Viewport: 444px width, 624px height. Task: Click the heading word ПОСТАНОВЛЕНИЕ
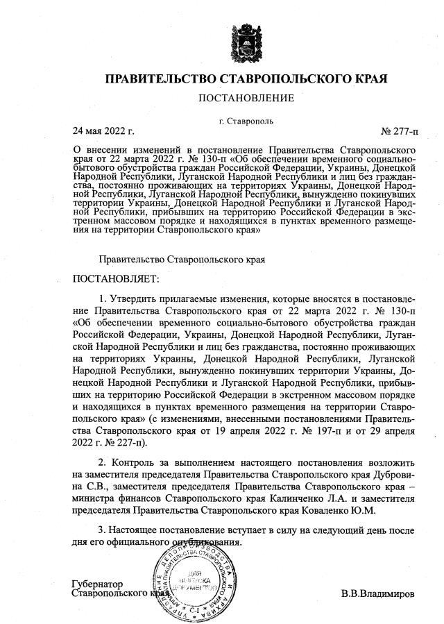click(x=246, y=99)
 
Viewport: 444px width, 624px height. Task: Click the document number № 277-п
click(x=399, y=130)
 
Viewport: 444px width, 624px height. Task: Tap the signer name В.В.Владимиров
click(x=378, y=595)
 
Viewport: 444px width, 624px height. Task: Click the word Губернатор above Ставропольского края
click(x=97, y=584)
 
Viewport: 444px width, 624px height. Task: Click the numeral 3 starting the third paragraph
click(x=102, y=531)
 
